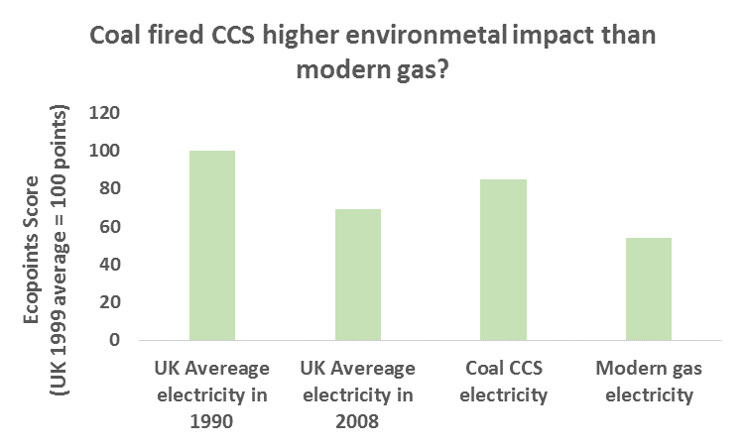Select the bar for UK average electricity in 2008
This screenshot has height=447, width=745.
(x=357, y=275)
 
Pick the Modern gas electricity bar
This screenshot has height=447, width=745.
(x=649, y=288)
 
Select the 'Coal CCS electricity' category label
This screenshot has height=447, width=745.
(x=503, y=383)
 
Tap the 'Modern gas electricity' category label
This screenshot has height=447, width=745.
(x=649, y=383)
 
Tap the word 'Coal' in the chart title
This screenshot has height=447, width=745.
(x=118, y=37)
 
